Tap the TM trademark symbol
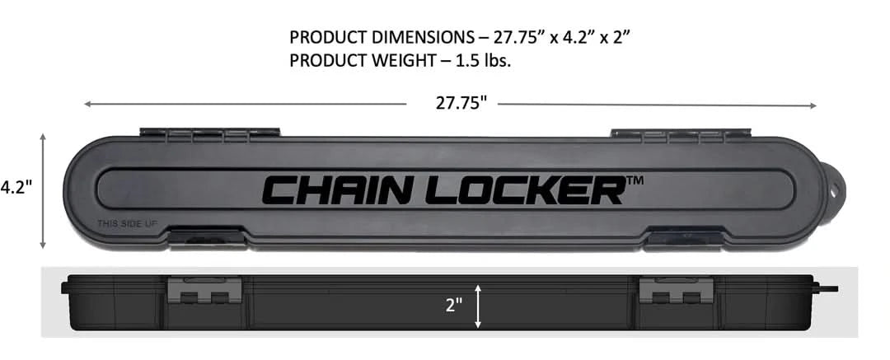pyautogui.click(x=635, y=180)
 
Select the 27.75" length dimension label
pyautogui.click(x=461, y=103)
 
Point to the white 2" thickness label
pyautogui.click(x=453, y=306)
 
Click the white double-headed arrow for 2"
pyautogui.click(x=478, y=306)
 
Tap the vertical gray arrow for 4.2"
pyautogui.click(x=43, y=191)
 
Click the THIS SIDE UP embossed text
pyautogui.click(x=127, y=224)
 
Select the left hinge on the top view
pyautogui.click(x=210, y=133)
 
